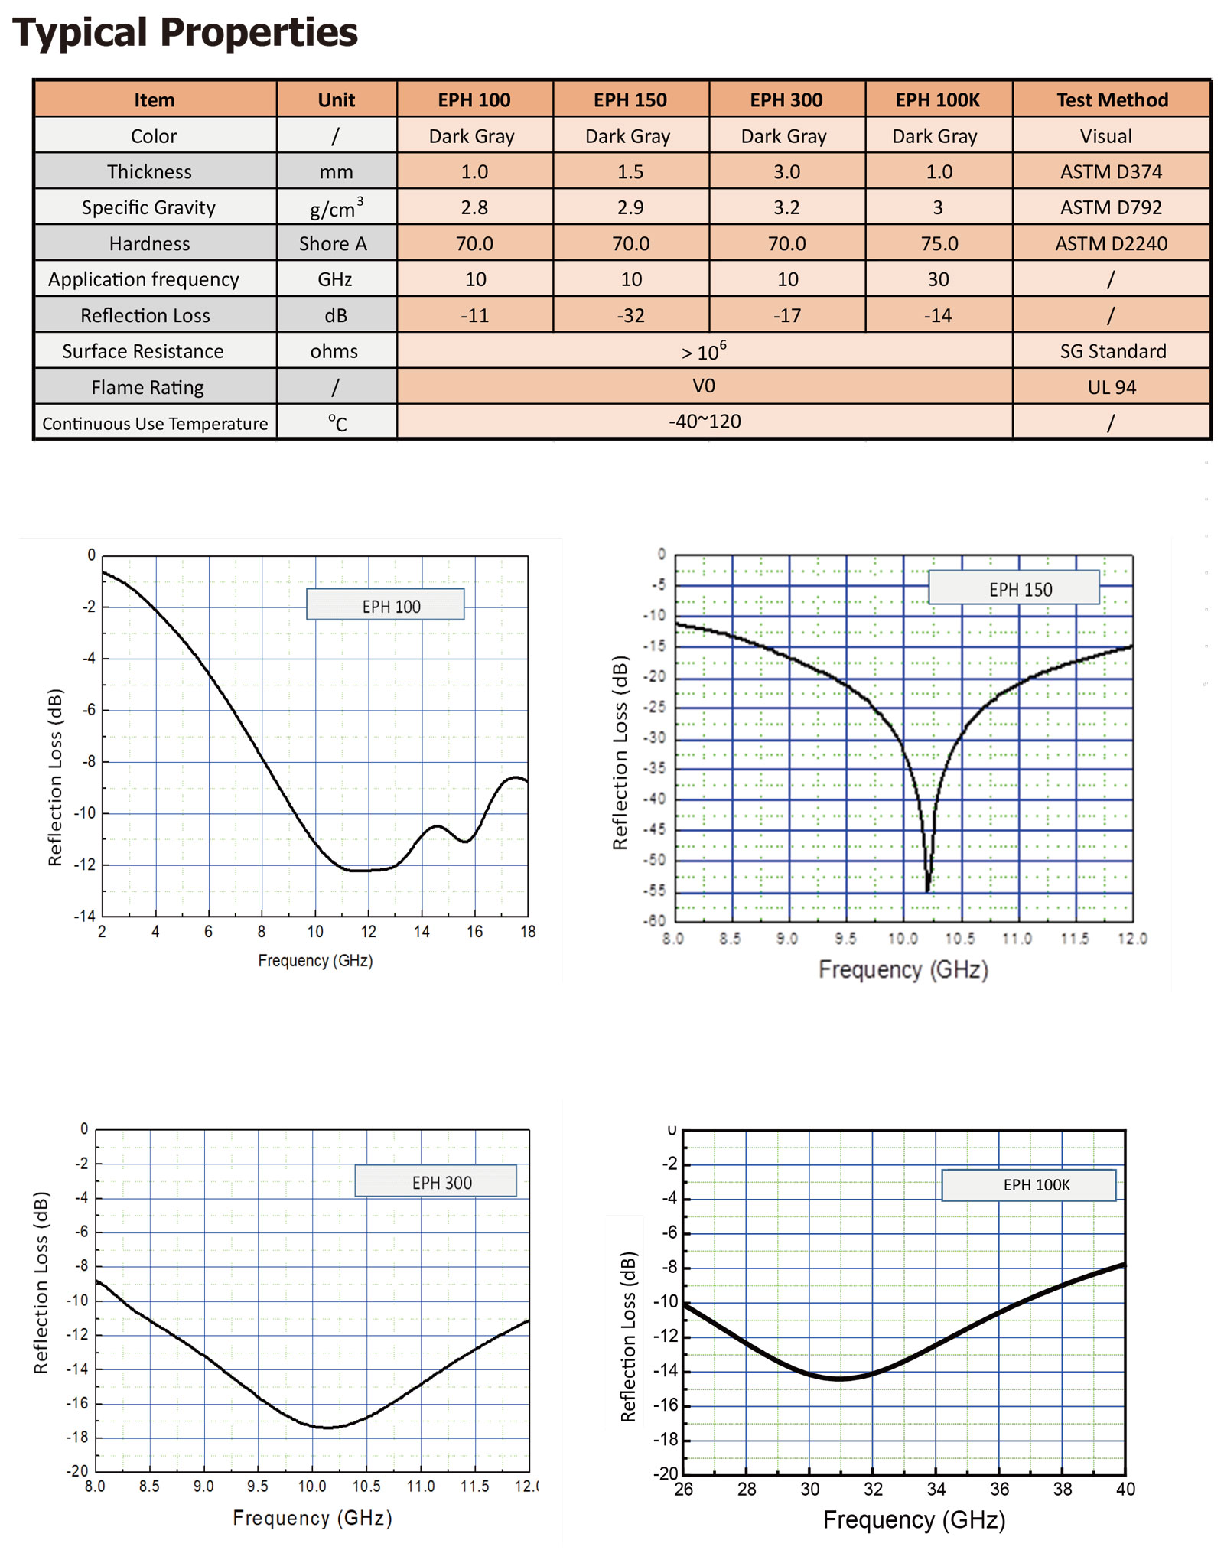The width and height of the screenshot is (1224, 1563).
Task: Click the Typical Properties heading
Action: pyautogui.click(x=185, y=32)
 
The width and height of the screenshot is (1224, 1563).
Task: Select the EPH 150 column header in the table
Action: pyautogui.click(x=630, y=100)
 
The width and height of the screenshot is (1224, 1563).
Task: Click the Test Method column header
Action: pyautogui.click(x=1112, y=100)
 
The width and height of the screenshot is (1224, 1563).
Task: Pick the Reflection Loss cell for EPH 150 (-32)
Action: pyautogui.click(x=630, y=315)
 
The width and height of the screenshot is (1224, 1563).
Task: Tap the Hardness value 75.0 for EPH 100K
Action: pyautogui.click(x=939, y=243)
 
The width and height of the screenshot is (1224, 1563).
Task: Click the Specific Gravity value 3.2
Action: pyautogui.click(x=786, y=207)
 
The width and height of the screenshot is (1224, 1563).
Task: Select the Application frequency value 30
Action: pyautogui.click(x=938, y=279)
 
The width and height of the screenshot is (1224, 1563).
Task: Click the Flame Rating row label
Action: pyautogui.click(x=148, y=387)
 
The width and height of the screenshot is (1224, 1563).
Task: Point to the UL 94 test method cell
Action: pyautogui.click(x=1112, y=387)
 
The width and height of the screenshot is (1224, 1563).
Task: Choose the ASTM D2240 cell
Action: pyautogui.click(x=1111, y=243)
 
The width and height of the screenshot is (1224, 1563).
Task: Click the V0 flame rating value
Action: pyautogui.click(x=704, y=386)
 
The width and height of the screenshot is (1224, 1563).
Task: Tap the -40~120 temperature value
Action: pyautogui.click(x=705, y=422)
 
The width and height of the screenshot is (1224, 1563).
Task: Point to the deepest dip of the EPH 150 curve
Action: pyautogui.click(x=928, y=889)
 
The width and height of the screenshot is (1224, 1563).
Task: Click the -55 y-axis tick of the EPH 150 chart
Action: pyautogui.click(x=656, y=891)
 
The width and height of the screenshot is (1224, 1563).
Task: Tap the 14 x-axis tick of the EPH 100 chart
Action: pyautogui.click(x=422, y=932)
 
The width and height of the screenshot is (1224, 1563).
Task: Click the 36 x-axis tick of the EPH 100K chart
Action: pyautogui.click(x=999, y=1489)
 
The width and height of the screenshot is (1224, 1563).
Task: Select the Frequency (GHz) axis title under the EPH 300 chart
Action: pyautogui.click(x=312, y=1517)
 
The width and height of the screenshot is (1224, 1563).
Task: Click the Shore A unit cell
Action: pyautogui.click(x=334, y=243)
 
